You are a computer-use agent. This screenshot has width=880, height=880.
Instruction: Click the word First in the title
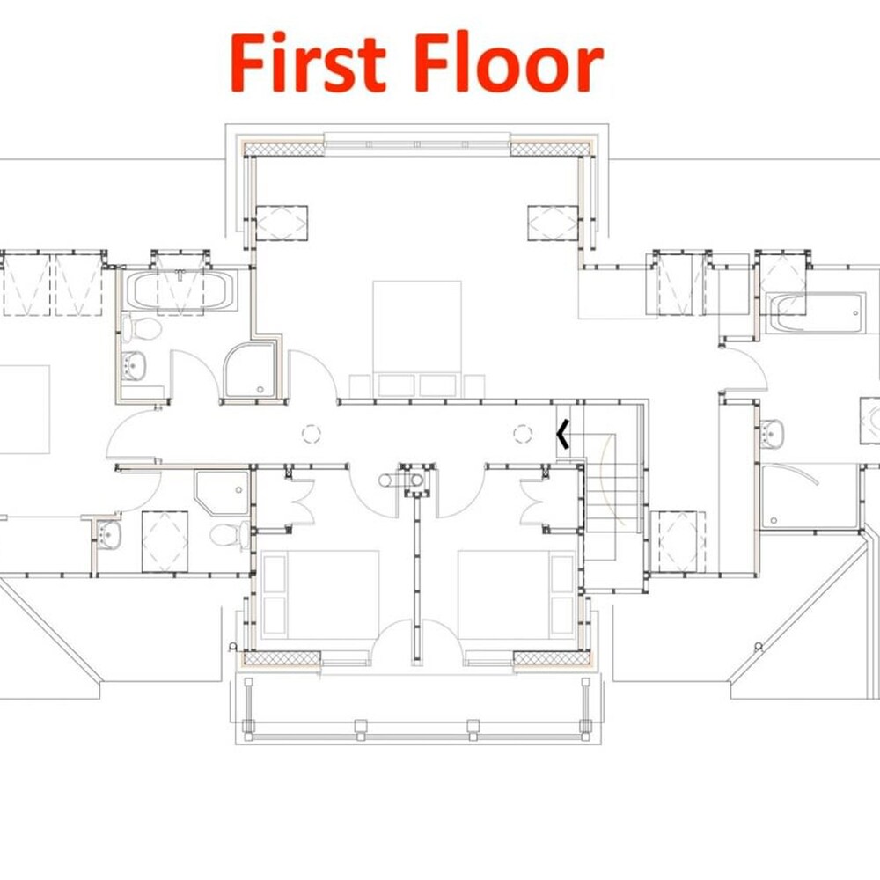click(308, 62)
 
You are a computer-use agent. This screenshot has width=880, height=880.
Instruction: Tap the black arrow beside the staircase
click(563, 434)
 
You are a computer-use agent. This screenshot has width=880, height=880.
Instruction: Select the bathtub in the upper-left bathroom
click(180, 290)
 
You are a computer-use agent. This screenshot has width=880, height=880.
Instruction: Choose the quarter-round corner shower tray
click(250, 370)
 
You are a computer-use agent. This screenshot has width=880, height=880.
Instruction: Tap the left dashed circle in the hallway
click(312, 434)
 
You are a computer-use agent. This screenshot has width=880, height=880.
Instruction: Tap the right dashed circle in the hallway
click(523, 434)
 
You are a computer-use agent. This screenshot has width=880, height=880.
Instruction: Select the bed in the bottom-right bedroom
click(517, 594)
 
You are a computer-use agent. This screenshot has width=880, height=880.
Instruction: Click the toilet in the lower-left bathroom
click(230, 535)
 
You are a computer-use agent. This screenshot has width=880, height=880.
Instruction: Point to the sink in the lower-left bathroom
click(109, 534)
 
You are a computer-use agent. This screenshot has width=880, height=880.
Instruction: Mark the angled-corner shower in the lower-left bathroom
click(222, 493)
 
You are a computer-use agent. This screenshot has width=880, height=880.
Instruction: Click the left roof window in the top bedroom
click(282, 224)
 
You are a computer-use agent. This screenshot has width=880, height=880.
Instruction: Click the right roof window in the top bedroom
click(553, 224)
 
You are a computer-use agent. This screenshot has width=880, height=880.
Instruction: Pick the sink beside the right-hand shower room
click(773, 433)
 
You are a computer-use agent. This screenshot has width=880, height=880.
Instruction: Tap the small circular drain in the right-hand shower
click(774, 521)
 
